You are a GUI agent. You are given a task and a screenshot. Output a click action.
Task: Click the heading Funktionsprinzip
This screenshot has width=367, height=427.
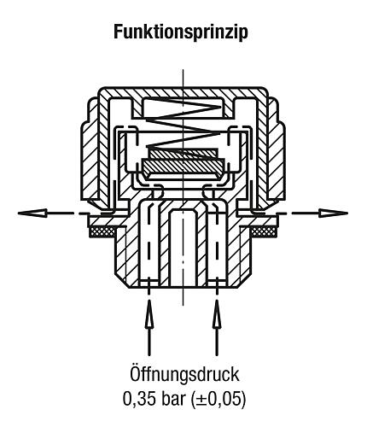click(181, 32)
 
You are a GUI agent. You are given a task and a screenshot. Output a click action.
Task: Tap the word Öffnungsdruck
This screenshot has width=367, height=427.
click(184, 374)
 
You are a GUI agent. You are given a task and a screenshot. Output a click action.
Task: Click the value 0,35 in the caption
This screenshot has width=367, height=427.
click(139, 399)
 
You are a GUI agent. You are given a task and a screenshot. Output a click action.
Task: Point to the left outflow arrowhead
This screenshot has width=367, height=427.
click(32, 213)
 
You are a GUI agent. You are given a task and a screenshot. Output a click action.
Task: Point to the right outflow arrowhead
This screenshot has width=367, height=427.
click(334, 213)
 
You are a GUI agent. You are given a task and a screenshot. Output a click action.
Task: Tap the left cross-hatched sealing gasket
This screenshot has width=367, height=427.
click(102, 231)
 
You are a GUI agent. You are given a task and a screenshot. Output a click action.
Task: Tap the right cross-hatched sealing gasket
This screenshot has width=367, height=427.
click(264, 231)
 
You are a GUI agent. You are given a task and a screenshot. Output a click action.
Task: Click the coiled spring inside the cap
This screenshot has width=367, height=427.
click(183, 126)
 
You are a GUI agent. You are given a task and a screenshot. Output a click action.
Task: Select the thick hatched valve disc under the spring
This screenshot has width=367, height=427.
click(183, 166)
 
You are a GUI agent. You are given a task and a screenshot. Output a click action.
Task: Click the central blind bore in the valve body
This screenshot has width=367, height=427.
click(183, 246)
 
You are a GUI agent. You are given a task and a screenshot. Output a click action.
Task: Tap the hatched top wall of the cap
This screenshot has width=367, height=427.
click(183, 93)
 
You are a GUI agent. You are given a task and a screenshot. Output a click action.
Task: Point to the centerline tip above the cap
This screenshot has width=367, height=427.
click(183, 69)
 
